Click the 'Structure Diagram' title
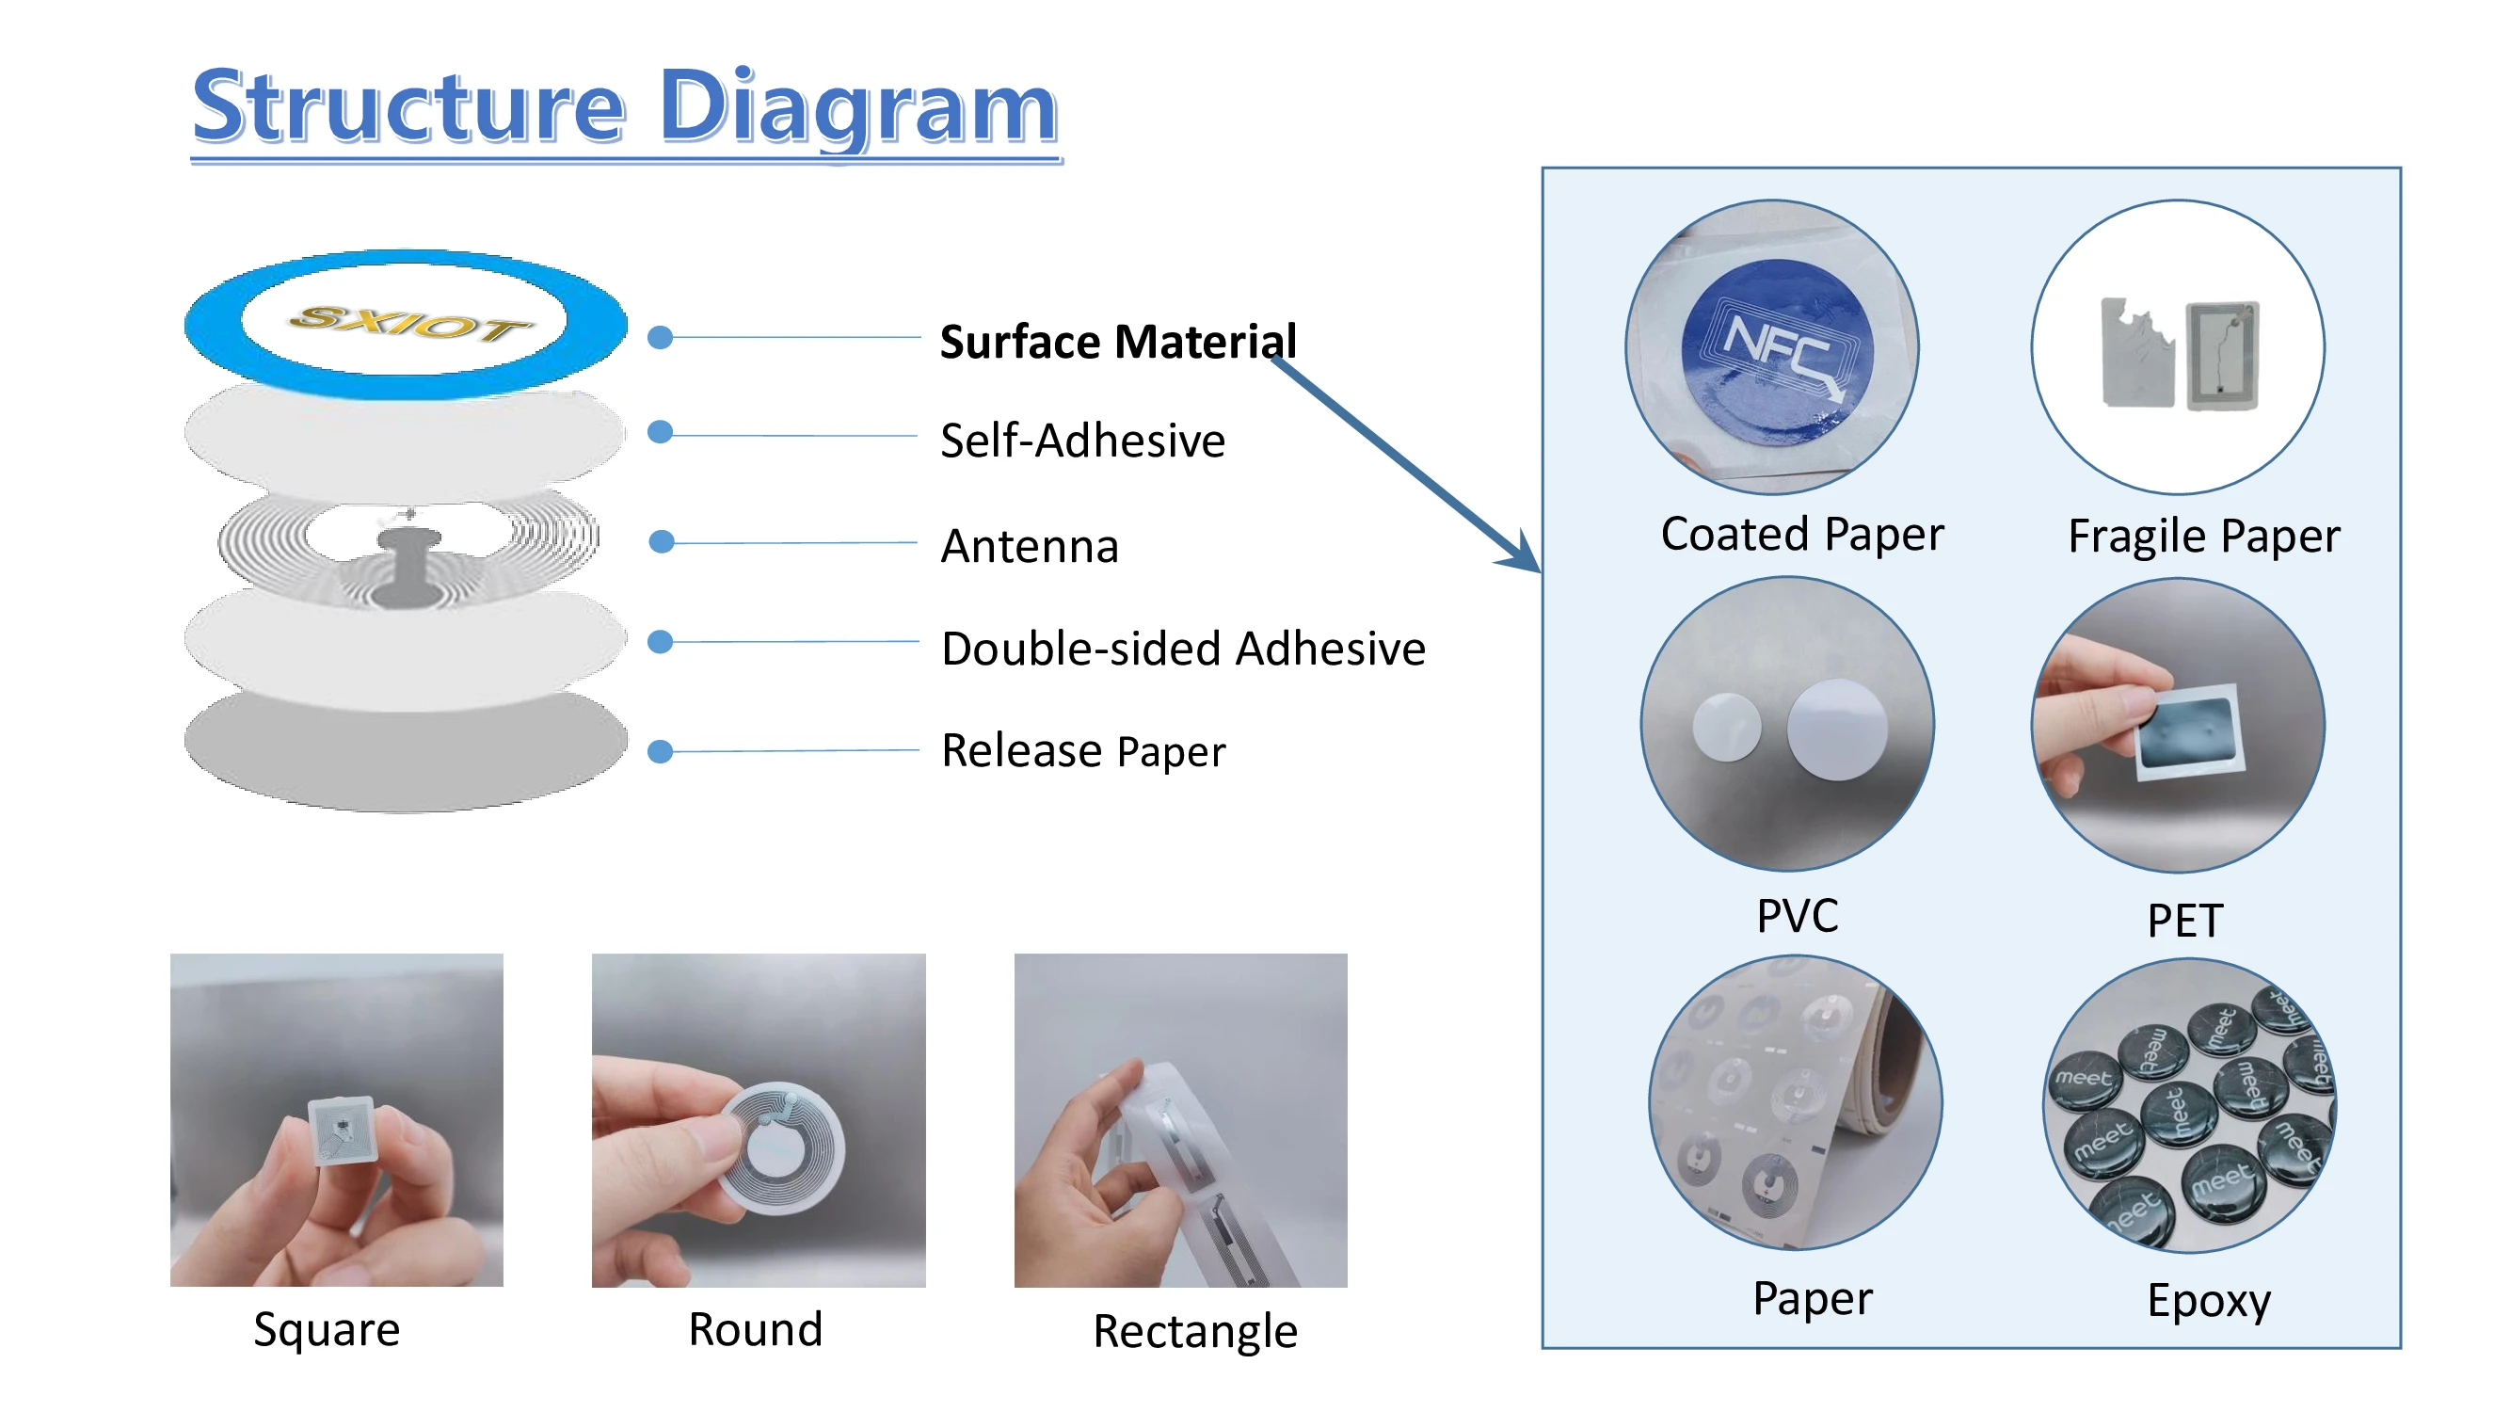pyautogui.click(x=625, y=107)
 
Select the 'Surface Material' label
pyautogui.click(x=1118, y=342)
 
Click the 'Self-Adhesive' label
pyautogui.click(x=1082, y=441)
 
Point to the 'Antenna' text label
pyautogui.click(x=1029, y=546)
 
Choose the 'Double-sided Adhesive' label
pyautogui.click(x=1183, y=649)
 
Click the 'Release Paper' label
pyautogui.click(x=1082, y=751)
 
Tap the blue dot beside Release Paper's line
pyautogui.click(x=661, y=751)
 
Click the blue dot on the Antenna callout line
pyautogui.click(x=662, y=542)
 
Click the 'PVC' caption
pyautogui.click(x=1797, y=916)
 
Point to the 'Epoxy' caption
pyautogui.click(x=2208, y=1301)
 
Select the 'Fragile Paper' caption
pyautogui.click(x=2203, y=536)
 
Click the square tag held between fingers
pyautogui.click(x=340, y=1131)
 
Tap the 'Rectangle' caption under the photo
pyautogui.click(x=1194, y=1331)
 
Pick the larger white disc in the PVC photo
pyautogui.click(x=1837, y=729)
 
